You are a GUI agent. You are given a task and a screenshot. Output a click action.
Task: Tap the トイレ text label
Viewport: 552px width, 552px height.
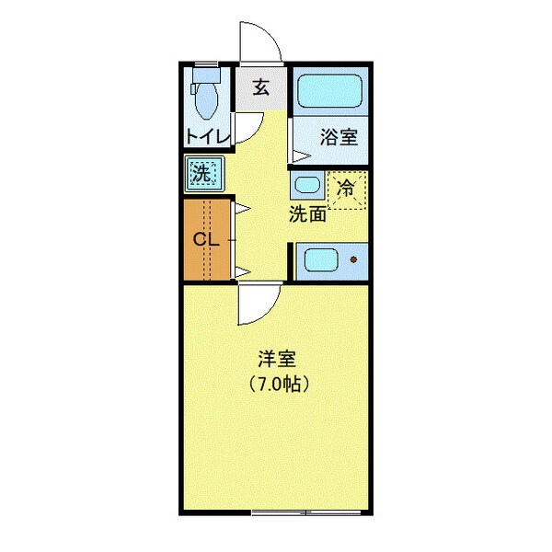(x=206, y=137)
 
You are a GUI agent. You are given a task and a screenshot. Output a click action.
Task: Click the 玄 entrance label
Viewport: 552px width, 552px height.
(x=260, y=88)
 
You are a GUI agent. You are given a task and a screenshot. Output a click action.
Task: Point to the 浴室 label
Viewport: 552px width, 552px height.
(x=338, y=138)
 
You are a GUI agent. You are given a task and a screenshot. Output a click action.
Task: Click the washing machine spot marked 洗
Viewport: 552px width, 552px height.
(x=203, y=173)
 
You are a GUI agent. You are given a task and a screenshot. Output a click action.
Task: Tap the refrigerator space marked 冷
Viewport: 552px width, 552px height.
(x=348, y=190)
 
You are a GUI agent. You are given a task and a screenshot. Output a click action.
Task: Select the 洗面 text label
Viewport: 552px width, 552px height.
(x=307, y=215)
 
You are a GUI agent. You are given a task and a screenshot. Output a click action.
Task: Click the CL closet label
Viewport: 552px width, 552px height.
(x=205, y=240)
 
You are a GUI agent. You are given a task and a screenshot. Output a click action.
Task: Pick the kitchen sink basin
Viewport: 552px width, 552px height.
(x=323, y=260)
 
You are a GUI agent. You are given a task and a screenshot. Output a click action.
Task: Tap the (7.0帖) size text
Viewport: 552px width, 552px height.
(x=276, y=384)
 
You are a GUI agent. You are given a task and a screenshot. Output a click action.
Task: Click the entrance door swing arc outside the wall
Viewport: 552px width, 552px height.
(x=259, y=41)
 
